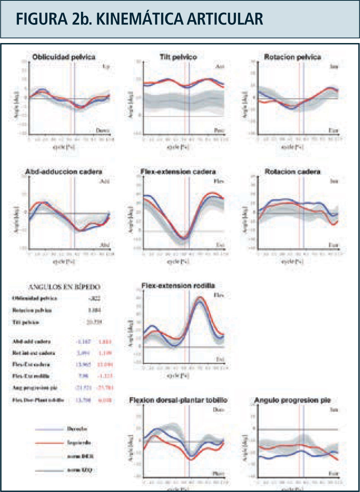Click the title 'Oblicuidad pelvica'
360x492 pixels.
point(64,57)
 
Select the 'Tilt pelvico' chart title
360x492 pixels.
point(178,57)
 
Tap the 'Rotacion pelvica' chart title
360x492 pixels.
point(292,57)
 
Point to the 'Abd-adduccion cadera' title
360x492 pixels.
point(64,172)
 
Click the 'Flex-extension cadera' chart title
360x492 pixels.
point(178,172)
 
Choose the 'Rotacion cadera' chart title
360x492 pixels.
point(292,172)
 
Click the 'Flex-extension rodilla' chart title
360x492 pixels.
point(178,286)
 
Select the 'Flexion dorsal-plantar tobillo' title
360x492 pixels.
point(178,400)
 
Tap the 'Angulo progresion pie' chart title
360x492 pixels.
point(292,400)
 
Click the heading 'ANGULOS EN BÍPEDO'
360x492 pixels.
point(64,287)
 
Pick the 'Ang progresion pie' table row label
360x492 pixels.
point(35,388)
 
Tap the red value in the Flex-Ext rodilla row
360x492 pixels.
point(106,376)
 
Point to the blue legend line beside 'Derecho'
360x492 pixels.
point(49,429)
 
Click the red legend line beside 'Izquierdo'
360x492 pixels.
point(49,443)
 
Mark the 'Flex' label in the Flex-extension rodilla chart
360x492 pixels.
point(219,295)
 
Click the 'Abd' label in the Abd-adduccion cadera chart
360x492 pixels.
point(105,245)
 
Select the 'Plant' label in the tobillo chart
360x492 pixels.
point(218,474)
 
